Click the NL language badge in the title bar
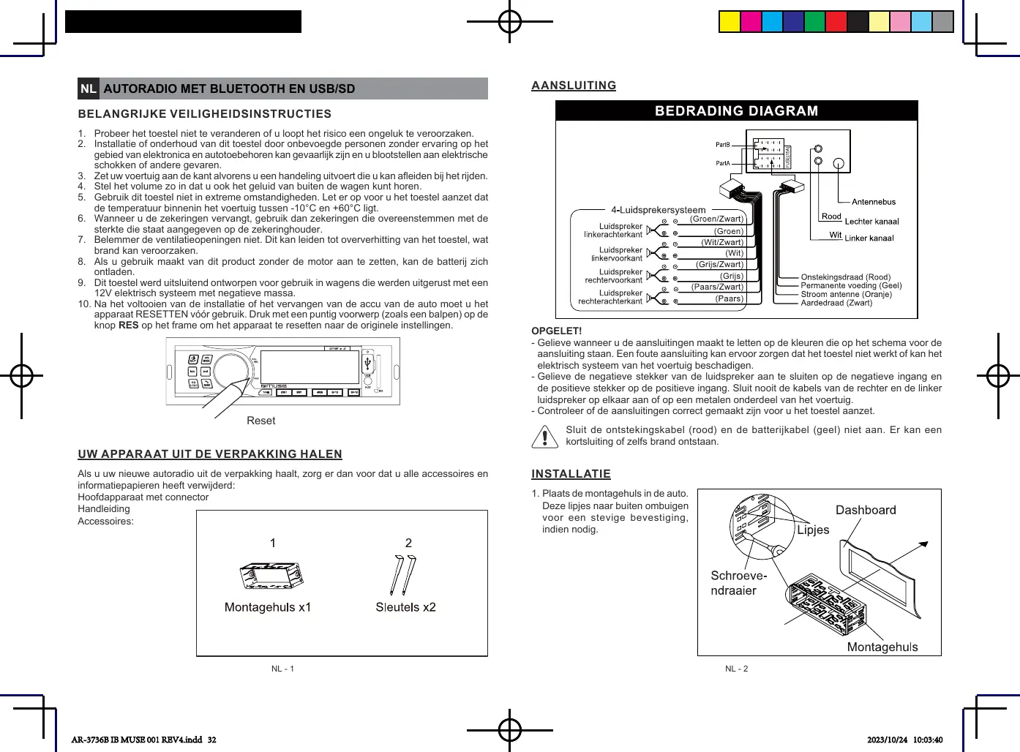tap(89, 89)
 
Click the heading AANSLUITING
tap(574, 86)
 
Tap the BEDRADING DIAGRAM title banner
tap(736, 111)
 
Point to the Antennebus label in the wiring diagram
tap(874, 202)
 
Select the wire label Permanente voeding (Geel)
tap(851, 286)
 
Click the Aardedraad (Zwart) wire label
tap(836, 303)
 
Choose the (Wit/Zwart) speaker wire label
tap(722, 242)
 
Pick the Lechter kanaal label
tap(871, 221)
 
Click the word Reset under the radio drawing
tap(261, 421)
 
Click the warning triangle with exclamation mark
tap(544, 436)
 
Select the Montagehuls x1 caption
tap(268, 607)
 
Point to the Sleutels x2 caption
tap(405, 607)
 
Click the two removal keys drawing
tap(402, 576)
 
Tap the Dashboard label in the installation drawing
tap(866, 510)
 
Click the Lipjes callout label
tap(813, 530)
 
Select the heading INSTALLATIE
tap(571, 474)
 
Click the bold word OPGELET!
tap(556, 331)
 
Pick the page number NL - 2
tap(736, 669)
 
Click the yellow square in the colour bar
tap(730, 22)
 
